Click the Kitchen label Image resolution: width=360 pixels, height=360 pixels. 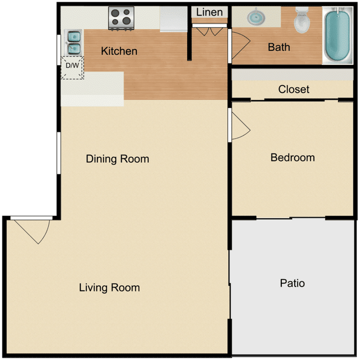click(x=119, y=51)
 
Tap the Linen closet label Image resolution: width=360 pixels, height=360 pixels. click(x=210, y=12)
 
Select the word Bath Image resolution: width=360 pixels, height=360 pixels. click(x=279, y=47)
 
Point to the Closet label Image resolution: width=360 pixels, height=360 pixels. click(x=294, y=89)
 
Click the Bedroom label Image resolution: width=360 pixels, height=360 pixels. click(x=292, y=157)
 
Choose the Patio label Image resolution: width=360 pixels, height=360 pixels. click(x=292, y=283)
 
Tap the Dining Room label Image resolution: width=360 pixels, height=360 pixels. click(x=117, y=159)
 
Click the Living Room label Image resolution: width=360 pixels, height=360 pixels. click(x=109, y=287)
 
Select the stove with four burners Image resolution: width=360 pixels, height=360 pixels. click(x=121, y=18)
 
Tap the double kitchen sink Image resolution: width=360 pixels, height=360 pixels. click(x=73, y=43)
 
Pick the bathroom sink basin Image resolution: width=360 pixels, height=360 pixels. click(x=256, y=18)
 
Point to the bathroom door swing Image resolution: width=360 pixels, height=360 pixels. click(x=239, y=44)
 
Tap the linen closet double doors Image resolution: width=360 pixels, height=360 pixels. click(x=209, y=30)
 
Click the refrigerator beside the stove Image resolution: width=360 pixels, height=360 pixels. click(x=174, y=19)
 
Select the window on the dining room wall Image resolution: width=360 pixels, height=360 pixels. click(x=59, y=153)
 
